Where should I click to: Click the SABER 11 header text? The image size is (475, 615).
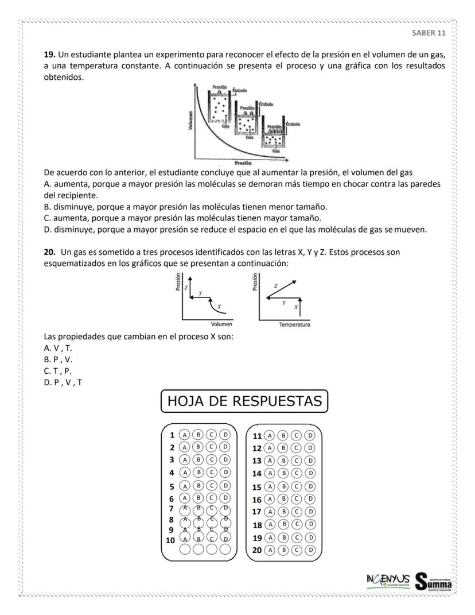click(x=429, y=32)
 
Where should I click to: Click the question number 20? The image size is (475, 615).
click(x=50, y=252)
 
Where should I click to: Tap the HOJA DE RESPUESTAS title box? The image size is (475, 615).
click(x=244, y=401)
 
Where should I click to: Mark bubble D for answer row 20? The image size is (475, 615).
click(x=310, y=550)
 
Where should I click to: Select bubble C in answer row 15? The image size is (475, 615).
click(x=296, y=486)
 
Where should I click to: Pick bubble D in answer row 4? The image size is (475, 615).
click(x=225, y=473)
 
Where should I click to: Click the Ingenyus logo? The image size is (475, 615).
click(x=388, y=579)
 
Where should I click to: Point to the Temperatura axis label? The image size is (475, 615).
click(x=294, y=325)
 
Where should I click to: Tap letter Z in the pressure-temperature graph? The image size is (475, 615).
click(x=276, y=285)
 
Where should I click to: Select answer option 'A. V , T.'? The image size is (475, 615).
click(x=58, y=348)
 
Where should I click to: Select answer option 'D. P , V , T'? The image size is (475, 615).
click(x=63, y=382)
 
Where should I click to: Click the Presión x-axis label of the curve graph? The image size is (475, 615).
click(x=237, y=163)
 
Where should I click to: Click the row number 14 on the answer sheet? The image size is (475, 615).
click(x=258, y=474)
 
